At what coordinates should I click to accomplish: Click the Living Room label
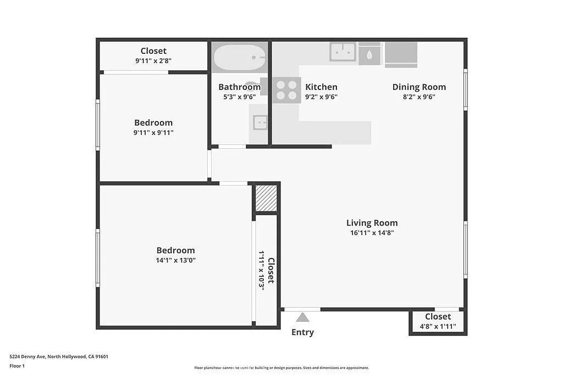coord(372,223)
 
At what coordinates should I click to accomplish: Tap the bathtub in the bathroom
coord(239,57)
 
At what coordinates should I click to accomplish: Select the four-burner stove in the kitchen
coord(286,90)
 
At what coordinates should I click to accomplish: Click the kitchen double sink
coord(343,52)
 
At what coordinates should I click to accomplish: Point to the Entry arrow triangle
coord(302,317)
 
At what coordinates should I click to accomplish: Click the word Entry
coord(302,332)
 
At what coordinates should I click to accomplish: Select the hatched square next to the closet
coord(266,198)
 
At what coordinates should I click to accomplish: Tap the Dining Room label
coord(419,87)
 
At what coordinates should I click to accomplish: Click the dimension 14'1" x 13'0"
coord(175,260)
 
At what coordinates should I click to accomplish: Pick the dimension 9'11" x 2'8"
coord(153,61)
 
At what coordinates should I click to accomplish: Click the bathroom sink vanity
coord(260,122)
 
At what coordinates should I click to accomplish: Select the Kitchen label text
coord(321,87)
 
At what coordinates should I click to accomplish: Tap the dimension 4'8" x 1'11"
coord(438,326)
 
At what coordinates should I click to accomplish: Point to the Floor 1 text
coord(17,366)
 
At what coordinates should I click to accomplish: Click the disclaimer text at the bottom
coord(281,368)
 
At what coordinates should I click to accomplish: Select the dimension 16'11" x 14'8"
coord(372,233)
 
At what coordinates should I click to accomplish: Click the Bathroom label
coord(239,87)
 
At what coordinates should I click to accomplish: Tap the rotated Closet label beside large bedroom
coord(271,271)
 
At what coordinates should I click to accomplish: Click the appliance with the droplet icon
coord(369,55)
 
